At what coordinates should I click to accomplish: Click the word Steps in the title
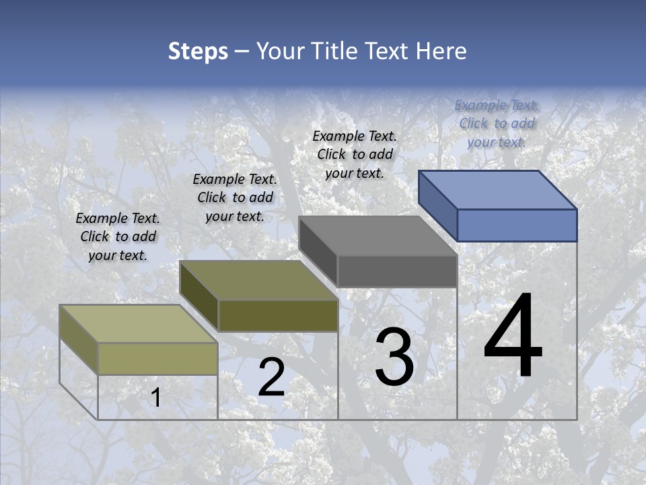(197, 51)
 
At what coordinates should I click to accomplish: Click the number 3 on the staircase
(394, 357)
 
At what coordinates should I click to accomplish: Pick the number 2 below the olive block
(271, 377)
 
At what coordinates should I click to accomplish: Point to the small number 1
(155, 398)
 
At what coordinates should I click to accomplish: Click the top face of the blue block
(498, 189)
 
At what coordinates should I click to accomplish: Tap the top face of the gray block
(378, 236)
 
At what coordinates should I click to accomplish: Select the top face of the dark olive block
(258, 280)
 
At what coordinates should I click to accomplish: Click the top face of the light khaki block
(139, 324)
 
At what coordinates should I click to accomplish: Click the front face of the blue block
(517, 225)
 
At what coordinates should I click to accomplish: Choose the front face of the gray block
(397, 271)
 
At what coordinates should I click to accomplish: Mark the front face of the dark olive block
(278, 315)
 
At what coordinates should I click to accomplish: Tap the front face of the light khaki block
(157, 358)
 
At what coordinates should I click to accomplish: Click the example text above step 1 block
(118, 236)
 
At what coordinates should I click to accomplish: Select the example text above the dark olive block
(235, 197)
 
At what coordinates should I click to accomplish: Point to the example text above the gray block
(355, 154)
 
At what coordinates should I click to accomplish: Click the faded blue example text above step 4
(497, 123)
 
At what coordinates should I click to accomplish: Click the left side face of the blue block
(438, 205)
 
